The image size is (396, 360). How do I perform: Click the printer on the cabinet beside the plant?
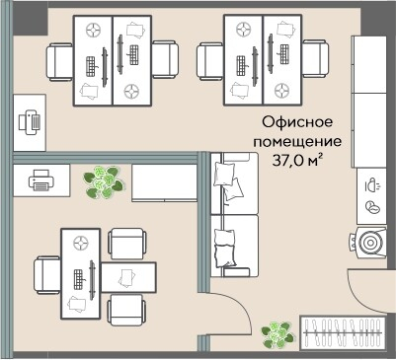click(x=40, y=180)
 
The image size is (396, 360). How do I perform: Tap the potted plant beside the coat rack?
click(x=279, y=335)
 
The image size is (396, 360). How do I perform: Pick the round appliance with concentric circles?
click(x=371, y=243)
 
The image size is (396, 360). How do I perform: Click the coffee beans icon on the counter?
click(x=372, y=207)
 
